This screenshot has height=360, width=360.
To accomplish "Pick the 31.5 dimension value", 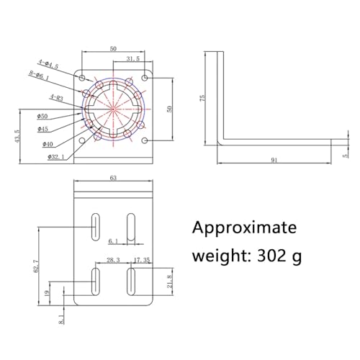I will pos(132,59).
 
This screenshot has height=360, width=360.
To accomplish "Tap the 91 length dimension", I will pos(274,160).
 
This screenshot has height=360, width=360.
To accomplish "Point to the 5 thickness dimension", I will pos(345,152).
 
